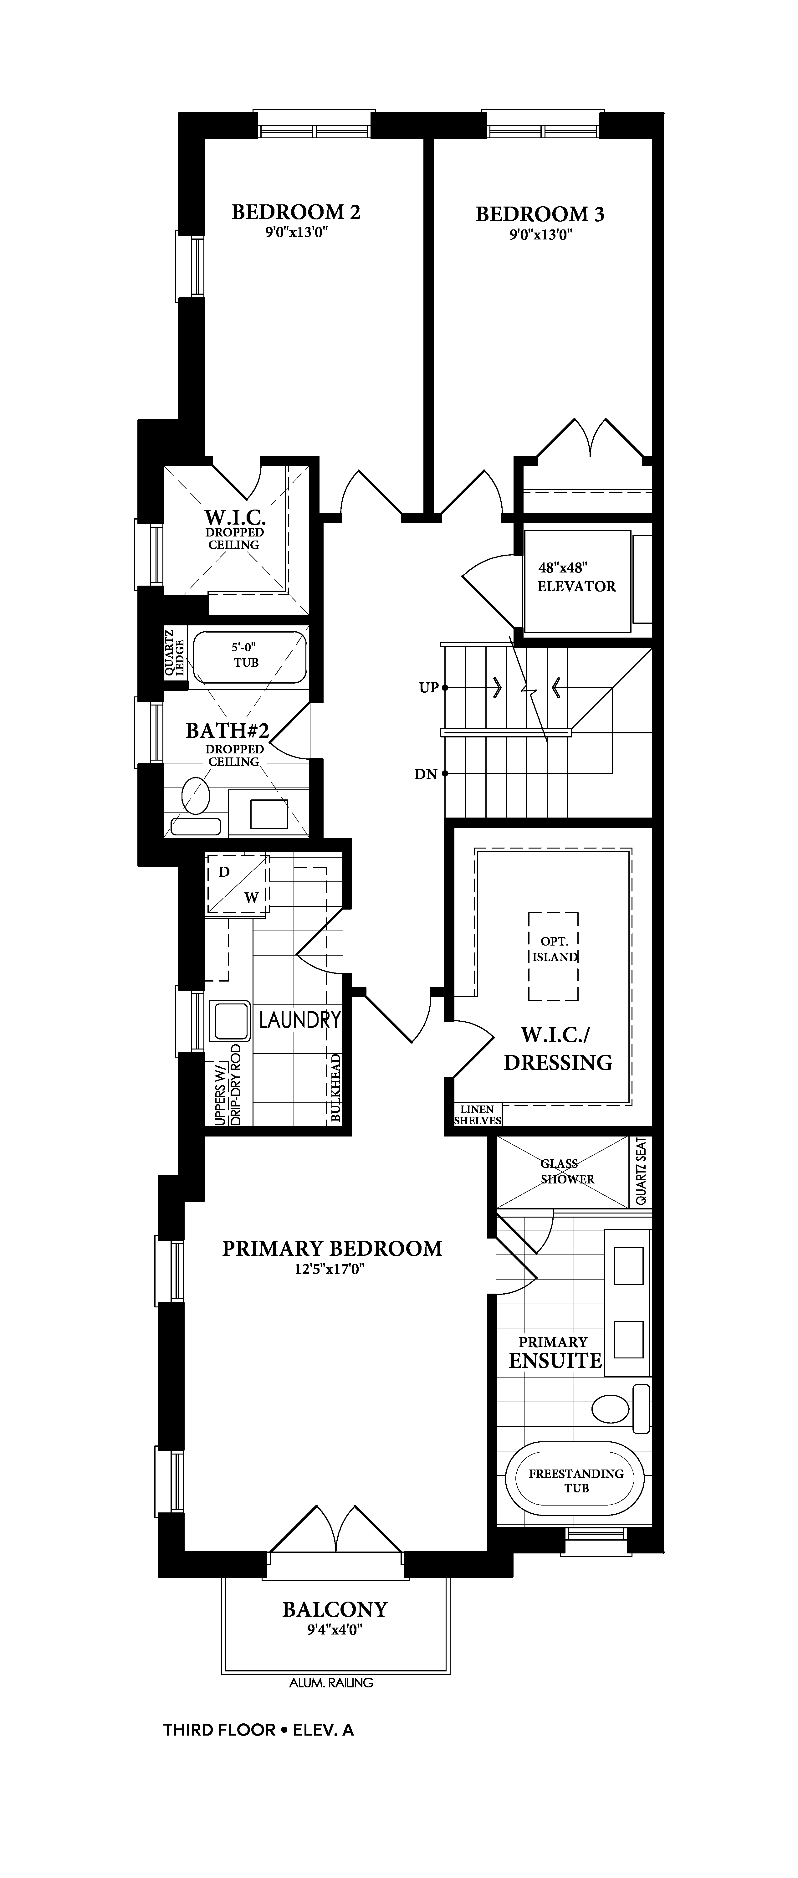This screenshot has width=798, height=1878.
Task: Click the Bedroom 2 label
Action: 296,212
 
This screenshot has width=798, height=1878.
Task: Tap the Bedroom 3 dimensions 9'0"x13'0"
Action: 540,235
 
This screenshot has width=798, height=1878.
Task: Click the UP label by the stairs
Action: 428,687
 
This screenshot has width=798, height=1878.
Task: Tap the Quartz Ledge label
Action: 174,652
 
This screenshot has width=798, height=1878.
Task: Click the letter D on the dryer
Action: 224,872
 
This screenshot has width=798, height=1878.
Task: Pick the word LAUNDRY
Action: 299,1019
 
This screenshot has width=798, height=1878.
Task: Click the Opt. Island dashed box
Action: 553,956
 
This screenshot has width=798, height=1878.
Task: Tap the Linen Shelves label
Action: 477,1115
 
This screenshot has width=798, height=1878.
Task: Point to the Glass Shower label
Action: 567,1171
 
